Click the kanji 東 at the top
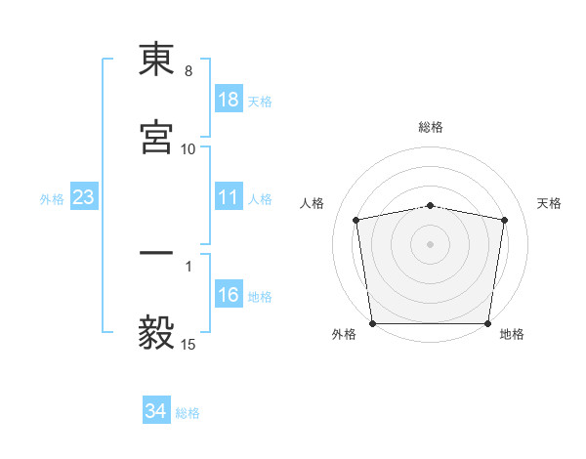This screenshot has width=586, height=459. pyautogui.click(x=156, y=61)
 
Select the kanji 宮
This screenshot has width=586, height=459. pyautogui.click(x=156, y=139)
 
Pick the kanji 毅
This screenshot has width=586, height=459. pyautogui.click(x=156, y=332)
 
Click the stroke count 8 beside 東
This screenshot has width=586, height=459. pyautogui.click(x=188, y=71)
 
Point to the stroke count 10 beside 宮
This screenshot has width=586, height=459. pyautogui.click(x=188, y=149)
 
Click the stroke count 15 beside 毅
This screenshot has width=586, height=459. pyautogui.click(x=188, y=344)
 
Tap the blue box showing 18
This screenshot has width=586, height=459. pyautogui.click(x=228, y=101)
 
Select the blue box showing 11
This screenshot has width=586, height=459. pyautogui.click(x=228, y=198)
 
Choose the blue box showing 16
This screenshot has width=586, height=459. pyautogui.click(x=228, y=296)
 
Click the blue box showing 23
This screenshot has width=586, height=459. pyautogui.click(x=84, y=198)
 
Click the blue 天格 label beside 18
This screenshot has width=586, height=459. pyautogui.click(x=260, y=102)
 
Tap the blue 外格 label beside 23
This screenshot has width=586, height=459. pyautogui.click(x=52, y=199)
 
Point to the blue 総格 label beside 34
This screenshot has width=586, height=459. pyautogui.click(x=188, y=413)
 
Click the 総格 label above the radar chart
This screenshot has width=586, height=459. pyautogui.click(x=431, y=127)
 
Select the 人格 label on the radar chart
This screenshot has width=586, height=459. pyautogui.click(x=314, y=203)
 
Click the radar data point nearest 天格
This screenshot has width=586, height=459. pyautogui.click(x=504, y=220)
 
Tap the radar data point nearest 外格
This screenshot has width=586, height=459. pyautogui.click(x=372, y=323)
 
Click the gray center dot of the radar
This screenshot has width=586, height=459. pyautogui.click(x=431, y=243)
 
